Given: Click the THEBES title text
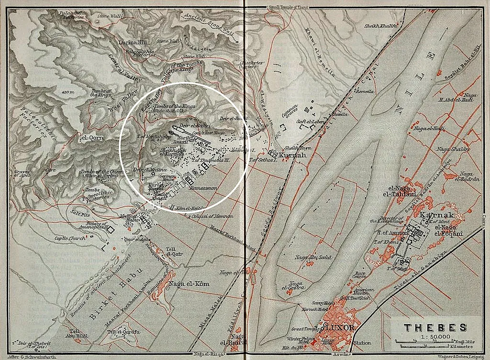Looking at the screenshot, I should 435,327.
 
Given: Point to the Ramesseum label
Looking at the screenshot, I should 203,188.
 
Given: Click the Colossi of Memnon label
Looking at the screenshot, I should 212,216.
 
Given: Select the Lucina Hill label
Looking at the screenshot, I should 131,43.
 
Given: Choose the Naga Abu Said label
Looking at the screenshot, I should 313,257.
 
